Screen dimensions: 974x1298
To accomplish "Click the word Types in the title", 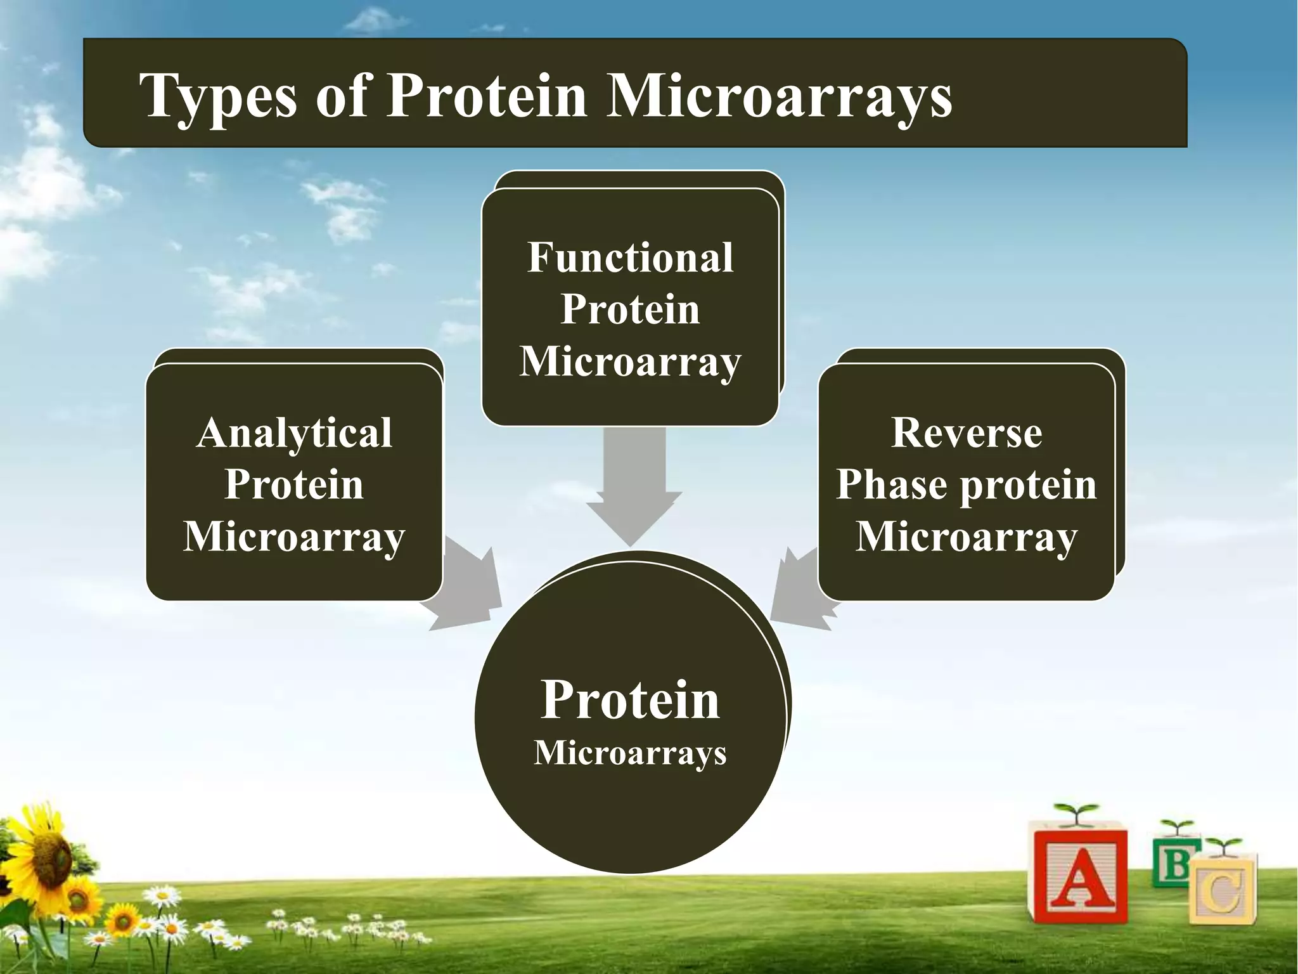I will tap(218, 96).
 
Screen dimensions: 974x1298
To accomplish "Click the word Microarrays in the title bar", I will tap(779, 96).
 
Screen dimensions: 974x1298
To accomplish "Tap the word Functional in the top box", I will tap(630, 258).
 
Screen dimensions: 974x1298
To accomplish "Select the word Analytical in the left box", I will tap(294, 434).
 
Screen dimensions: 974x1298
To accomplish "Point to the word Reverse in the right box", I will tap(966, 434).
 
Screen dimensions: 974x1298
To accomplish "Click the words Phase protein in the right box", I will tap(966, 486).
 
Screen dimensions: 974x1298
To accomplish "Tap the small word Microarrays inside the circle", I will tap(630, 753).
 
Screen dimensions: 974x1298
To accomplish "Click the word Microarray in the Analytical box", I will tap(294, 537).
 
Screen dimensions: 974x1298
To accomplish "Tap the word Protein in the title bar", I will tap(487, 96).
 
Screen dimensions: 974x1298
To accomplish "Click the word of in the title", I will tap(342, 96).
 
